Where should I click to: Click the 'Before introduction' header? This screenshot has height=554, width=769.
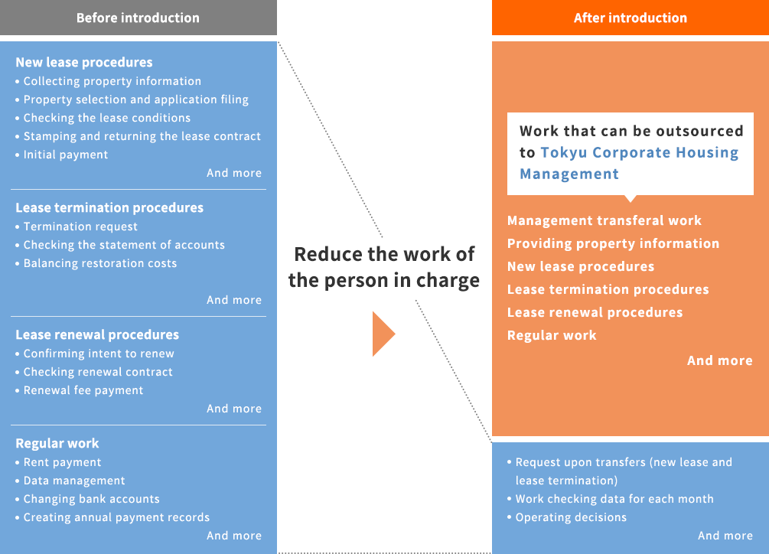click(x=138, y=18)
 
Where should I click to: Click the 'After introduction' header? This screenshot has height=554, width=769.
click(x=631, y=18)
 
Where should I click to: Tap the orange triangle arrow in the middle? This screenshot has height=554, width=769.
click(x=383, y=334)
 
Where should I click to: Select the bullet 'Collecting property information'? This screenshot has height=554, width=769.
click(x=112, y=81)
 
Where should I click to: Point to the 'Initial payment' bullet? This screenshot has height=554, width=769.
click(x=66, y=155)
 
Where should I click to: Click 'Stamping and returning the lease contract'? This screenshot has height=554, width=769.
click(x=142, y=136)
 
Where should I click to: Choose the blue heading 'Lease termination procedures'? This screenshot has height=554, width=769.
click(x=109, y=207)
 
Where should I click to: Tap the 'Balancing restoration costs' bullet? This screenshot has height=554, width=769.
click(x=100, y=263)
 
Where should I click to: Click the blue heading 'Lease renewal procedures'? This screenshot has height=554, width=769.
click(x=97, y=334)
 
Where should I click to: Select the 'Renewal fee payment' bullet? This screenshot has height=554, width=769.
click(x=83, y=390)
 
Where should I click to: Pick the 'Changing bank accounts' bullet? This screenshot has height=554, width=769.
click(x=92, y=499)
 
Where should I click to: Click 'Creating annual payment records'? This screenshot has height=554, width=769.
click(x=117, y=517)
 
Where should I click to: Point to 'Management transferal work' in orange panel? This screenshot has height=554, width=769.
click(x=604, y=220)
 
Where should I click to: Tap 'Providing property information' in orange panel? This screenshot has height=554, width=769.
click(x=613, y=243)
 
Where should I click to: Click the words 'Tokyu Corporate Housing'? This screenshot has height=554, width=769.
click(x=640, y=152)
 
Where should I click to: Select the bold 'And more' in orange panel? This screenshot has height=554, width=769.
click(x=719, y=360)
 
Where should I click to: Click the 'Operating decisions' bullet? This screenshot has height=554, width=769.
click(x=571, y=517)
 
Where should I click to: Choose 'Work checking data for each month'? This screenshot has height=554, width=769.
click(x=614, y=499)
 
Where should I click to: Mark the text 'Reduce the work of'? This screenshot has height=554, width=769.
click(x=384, y=255)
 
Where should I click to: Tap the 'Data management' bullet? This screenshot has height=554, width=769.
click(x=74, y=481)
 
